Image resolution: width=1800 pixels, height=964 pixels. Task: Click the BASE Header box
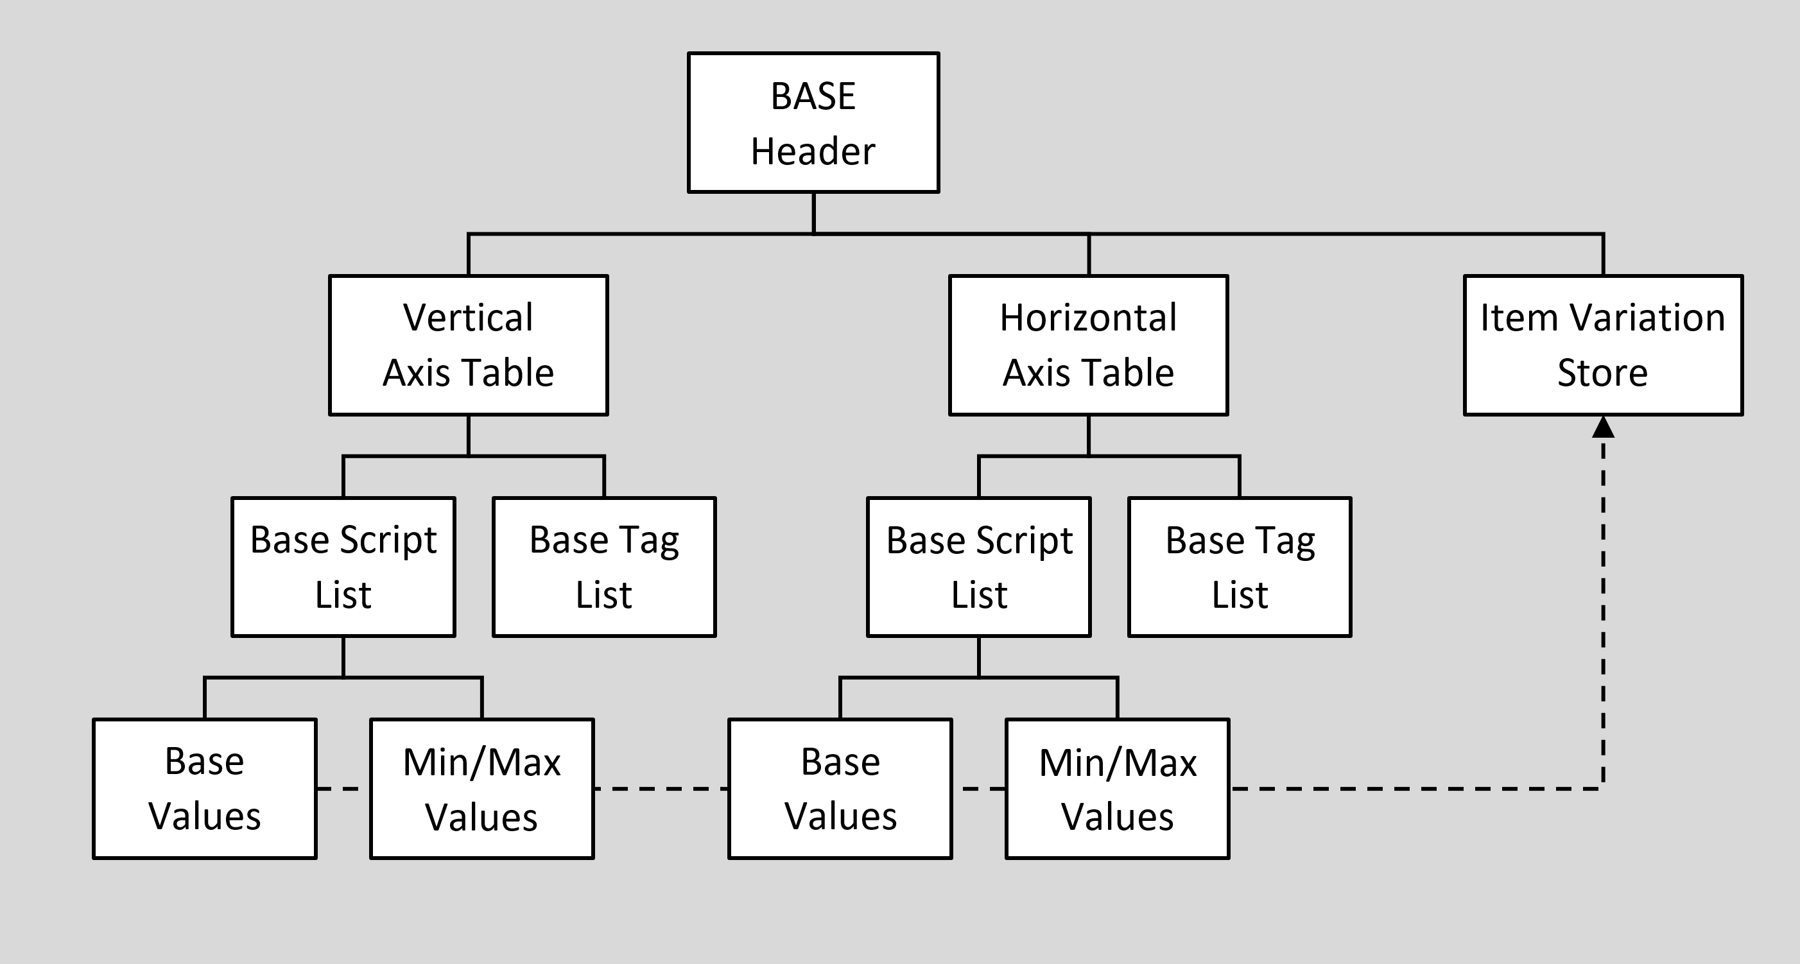pyautogui.click(x=813, y=122)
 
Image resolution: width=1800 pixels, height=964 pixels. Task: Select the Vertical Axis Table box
pyautogui.click(x=468, y=345)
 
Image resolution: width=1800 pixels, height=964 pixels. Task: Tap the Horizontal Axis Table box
pyautogui.click(x=1088, y=345)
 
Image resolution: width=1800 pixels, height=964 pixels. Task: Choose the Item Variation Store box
pyautogui.click(x=1603, y=345)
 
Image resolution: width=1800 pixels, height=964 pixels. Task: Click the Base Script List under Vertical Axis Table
pyautogui.click(x=343, y=567)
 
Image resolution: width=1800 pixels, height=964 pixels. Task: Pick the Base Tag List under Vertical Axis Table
pyautogui.click(x=603, y=567)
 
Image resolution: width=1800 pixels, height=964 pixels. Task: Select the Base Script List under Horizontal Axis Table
pyautogui.click(x=978, y=567)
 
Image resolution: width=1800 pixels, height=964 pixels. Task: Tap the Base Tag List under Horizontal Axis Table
pyautogui.click(x=1240, y=567)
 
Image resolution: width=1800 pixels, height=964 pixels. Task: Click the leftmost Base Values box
pyautogui.click(x=205, y=789)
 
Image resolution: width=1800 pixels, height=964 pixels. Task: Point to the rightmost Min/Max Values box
pyautogui.click(x=1118, y=789)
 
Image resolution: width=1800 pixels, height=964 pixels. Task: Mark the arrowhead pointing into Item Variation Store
pyautogui.click(x=1603, y=427)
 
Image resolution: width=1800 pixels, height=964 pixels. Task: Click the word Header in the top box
pyautogui.click(x=813, y=151)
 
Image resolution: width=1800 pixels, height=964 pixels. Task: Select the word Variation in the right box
pyautogui.click(x=1648, y=318)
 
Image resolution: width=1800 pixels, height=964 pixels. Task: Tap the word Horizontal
pyautogui.click(x=1088, y=318)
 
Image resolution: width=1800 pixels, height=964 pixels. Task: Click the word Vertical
pyautogui.click(x=468, y=318)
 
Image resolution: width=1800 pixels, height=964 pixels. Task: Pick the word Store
pyautogui.click(x=1602, y=372)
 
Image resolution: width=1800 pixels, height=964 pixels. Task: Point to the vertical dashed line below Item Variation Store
pyautogui.click(x=1603, y=608)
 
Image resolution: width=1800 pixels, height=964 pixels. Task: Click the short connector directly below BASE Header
pyautogui.click(x=813, y=212)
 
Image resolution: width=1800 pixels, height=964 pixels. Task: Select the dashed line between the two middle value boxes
pyautogui.click(x=661, y=789)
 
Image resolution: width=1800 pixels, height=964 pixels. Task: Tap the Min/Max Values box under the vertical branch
pyautogui.click(x=481, y=789)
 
